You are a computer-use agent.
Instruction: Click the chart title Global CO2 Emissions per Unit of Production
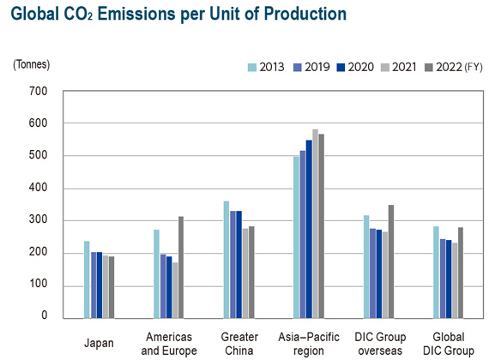tap(178, 15)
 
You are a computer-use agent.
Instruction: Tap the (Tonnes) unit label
tap(31, 64)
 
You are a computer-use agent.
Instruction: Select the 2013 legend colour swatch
tap(252, 67)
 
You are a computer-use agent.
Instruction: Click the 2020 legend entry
tap(355, 67)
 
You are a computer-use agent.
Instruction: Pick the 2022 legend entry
tap(444, 67)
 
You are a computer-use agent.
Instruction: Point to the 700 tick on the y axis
tap(38, 92)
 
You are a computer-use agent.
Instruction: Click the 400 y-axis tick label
tap(38, 188)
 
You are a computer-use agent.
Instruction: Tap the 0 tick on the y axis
tap(45, 315)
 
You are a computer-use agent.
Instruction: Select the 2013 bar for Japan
tap(87, 279)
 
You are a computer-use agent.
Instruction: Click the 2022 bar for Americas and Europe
tap(181, 267)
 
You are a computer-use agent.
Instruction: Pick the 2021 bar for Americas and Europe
tap(175, 291)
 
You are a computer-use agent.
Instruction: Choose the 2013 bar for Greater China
tap(226, 260)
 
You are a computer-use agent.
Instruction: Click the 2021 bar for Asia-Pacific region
tap(316, 224)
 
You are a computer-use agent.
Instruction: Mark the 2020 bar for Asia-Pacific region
tap(309, 229)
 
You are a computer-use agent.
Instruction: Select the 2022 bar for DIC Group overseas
tap(391, 261)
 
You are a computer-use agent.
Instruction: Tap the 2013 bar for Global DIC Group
tap(436, 273)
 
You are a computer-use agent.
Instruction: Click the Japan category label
tap(99, 343)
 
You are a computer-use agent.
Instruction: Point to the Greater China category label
tap(239, 344)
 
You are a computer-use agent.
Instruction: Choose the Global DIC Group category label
tap(449, 344)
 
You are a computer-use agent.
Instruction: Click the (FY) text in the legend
tap(474, 67)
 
